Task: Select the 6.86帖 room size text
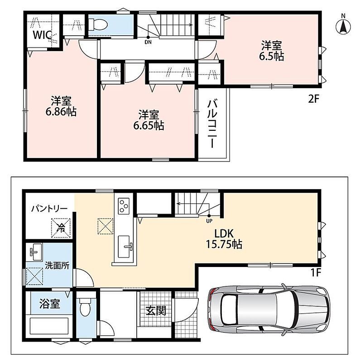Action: tap(61, 112)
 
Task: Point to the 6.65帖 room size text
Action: tap(149, 126)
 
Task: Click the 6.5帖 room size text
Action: tap(272, 56)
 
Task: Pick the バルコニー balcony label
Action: tap(212, 124)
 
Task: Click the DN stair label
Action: tap(148, 42)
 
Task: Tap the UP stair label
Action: tap(209, 221)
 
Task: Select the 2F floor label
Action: tap(313, 99)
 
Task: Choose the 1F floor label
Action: tap(316, 273)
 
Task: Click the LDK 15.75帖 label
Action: tap(224, 239)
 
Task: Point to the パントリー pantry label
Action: tap(49, 209)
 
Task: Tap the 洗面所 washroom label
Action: tap(57, 266)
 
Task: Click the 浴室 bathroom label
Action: tap(50, 304)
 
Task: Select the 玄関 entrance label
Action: tap(156, 311)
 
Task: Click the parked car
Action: tap(269, 310)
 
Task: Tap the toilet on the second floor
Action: tap(98, 24)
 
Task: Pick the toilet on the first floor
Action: tap(85, 306)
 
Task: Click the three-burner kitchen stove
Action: tap(123, 206)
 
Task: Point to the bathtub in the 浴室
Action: tap(49, 326)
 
